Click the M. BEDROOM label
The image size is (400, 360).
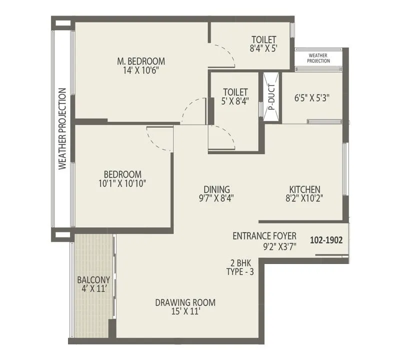point(140,61)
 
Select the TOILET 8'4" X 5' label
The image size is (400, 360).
point(263,44)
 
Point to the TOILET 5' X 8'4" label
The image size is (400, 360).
point(235,96)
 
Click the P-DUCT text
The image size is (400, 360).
point(271,98)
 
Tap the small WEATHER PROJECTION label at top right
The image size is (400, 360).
point(319,58)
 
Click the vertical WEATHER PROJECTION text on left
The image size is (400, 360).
point(62,129)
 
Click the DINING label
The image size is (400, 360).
point(216,189)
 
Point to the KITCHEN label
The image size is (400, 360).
point(304,189)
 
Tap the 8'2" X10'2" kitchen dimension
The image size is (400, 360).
point(304,198)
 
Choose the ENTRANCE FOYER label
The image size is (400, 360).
point(264,236)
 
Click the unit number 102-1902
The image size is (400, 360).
point(326,240)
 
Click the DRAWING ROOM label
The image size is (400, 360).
point(185,302)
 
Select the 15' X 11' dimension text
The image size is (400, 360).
point(185,311)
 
